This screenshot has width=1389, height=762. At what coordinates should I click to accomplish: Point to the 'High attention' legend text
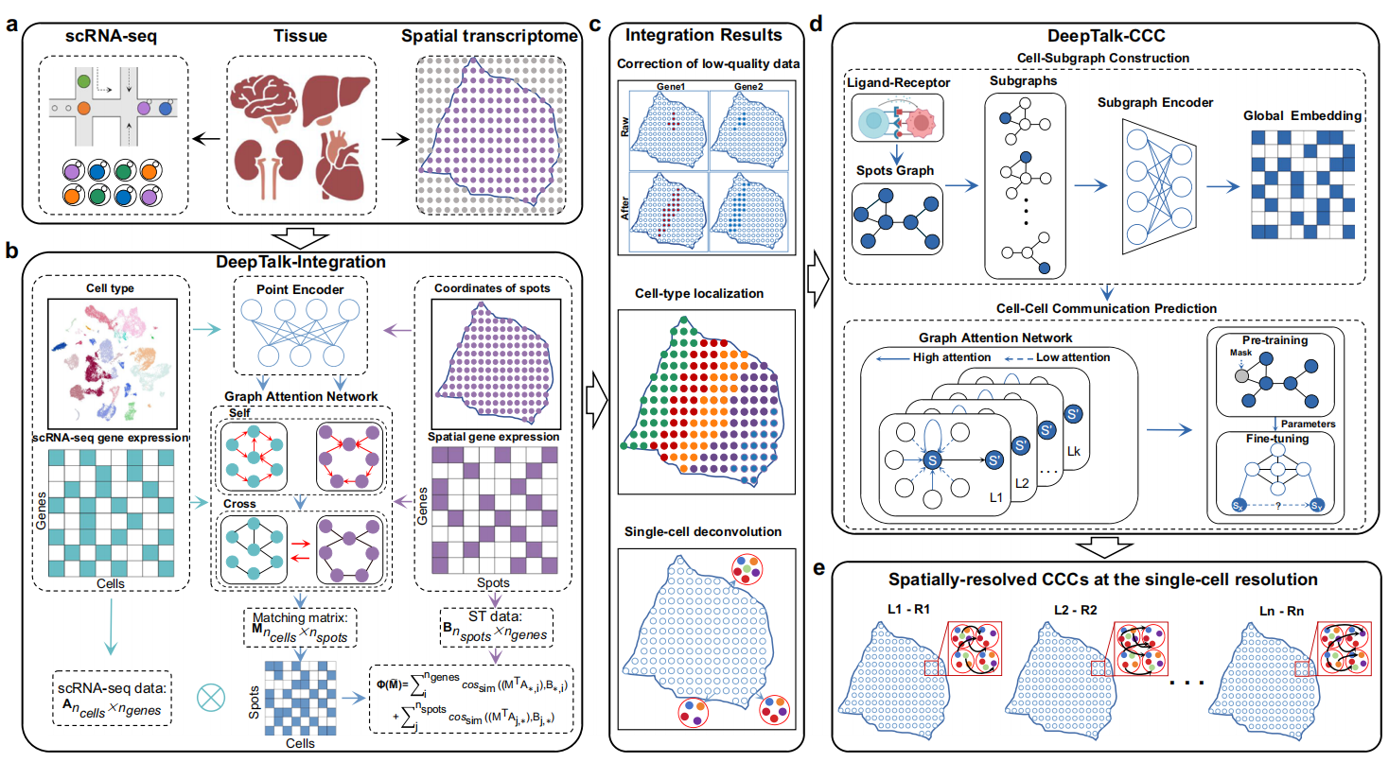pyautogui.click(x=951, y=357)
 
